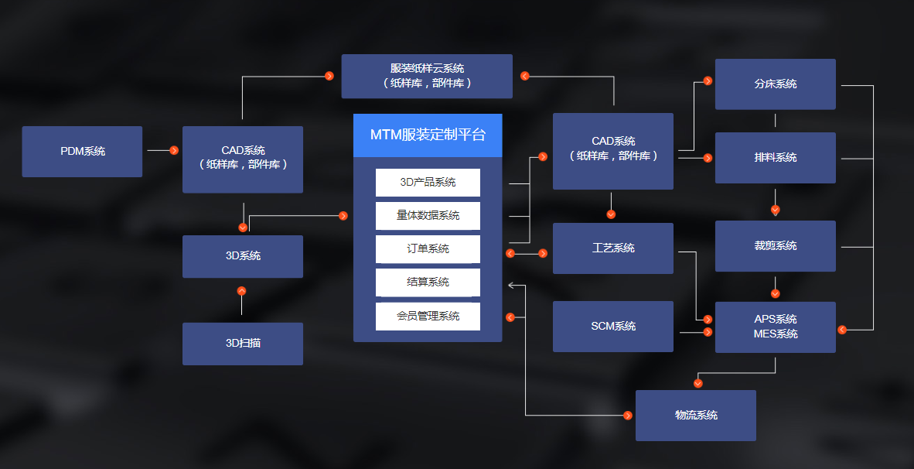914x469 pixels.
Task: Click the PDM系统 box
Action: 82,152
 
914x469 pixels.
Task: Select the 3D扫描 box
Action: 242,344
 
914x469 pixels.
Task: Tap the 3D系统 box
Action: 242,256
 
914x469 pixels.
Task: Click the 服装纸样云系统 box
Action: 427,76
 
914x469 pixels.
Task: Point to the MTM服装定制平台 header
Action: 428,135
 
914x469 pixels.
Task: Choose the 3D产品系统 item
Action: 428,183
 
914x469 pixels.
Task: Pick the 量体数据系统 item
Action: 428,216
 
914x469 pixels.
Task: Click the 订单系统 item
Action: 428,249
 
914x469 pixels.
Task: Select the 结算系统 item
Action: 428,282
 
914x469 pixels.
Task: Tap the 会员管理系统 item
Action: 428,316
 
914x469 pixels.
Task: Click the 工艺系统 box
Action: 613,248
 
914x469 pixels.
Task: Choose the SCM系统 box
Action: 613,327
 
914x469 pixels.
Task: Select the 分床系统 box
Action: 775,84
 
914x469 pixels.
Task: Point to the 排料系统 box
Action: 775,158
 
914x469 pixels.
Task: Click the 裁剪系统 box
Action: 775,246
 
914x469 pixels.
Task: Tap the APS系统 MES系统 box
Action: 775,327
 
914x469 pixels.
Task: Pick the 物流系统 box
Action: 695,416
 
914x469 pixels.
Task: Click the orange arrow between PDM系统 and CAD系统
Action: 174,150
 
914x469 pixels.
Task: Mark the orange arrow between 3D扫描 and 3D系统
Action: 241,291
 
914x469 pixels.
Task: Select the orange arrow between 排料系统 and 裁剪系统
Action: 776,210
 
